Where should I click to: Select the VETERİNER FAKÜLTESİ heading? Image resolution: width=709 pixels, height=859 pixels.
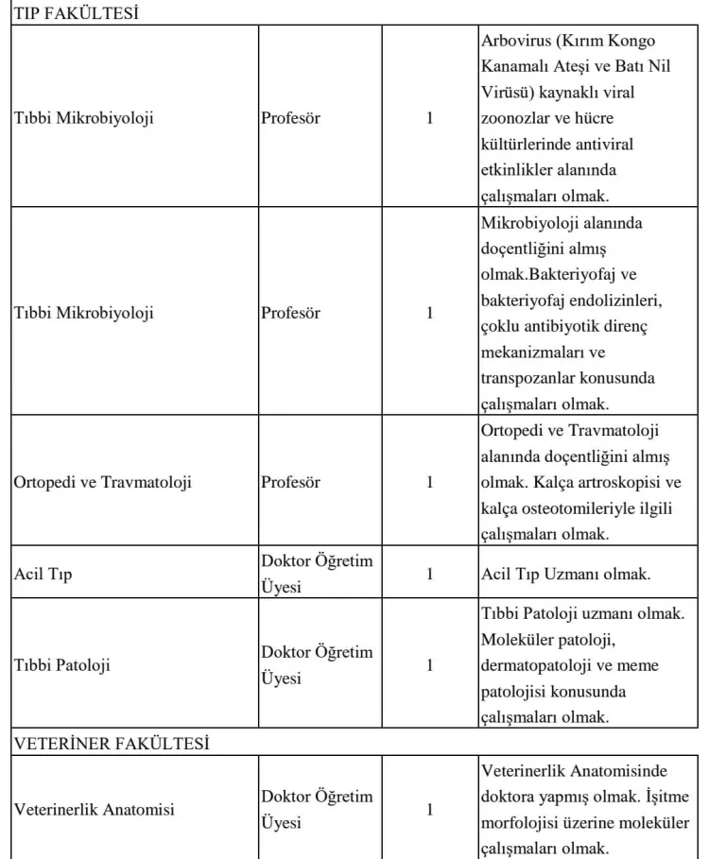112,743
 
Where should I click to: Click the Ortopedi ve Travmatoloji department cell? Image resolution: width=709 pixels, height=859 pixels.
103,482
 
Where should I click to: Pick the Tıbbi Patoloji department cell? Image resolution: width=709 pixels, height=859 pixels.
62,664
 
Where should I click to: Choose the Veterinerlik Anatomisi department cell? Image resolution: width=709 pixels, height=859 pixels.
94,809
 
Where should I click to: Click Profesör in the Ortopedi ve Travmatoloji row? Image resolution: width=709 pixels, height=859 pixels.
290,482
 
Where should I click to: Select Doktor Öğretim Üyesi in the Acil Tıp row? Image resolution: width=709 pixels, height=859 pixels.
317,574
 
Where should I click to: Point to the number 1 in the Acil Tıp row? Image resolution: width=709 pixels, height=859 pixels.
430,574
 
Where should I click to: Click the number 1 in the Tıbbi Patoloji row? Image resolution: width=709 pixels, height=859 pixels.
430,664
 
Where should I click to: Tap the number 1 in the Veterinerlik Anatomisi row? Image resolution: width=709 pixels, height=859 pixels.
430,809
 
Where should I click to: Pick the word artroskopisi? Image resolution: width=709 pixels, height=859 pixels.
615,482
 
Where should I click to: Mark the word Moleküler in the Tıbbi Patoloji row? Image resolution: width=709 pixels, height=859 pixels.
516,641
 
